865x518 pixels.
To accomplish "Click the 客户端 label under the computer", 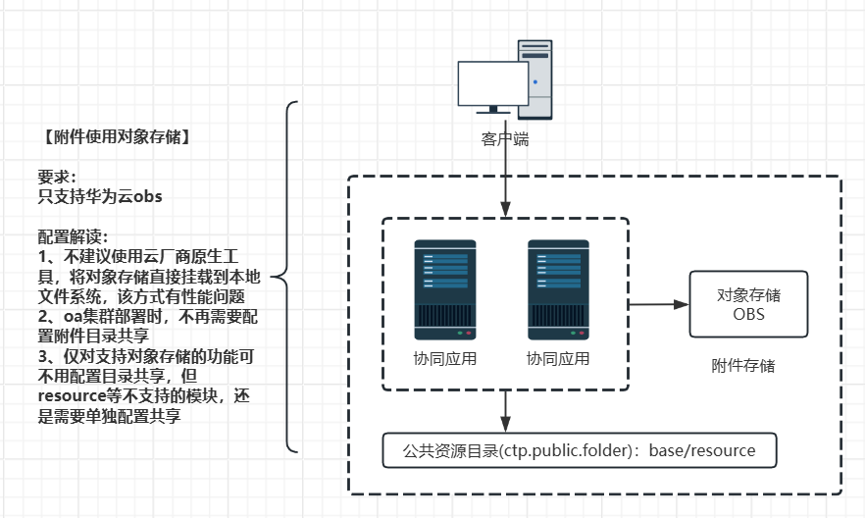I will point(505,140).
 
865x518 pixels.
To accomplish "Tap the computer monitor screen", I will point(494,83).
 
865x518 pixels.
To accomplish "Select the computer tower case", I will point(535,78).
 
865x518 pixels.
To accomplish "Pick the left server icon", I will point(445,284).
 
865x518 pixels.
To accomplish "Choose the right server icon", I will point(558,284).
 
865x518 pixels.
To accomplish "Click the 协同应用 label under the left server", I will point(445,358).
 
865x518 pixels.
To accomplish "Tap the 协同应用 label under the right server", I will point(558,358).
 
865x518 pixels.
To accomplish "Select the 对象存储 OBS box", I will point(748,304).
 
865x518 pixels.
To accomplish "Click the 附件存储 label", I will point(743,366).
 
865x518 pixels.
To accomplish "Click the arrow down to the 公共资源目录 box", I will point(505,410).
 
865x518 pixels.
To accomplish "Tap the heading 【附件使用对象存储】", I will point(115,135).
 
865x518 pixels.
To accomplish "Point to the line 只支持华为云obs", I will point(100,196).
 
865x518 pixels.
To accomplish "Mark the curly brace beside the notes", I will point(286,277).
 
